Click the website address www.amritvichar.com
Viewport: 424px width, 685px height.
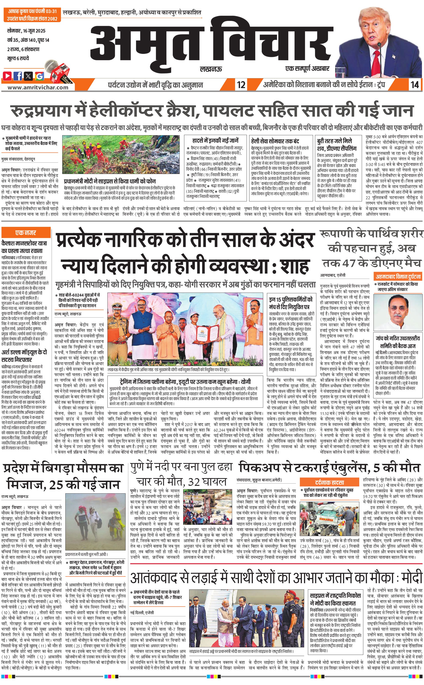pyautogui.click(x=38, y=87)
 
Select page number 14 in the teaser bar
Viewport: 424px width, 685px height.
pyautogui.click(x=414, y=85)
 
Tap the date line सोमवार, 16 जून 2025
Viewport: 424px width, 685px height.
pyautogui.click(x=26, y=31)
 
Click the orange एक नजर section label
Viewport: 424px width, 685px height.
pyautogui.click(x=25, y=233)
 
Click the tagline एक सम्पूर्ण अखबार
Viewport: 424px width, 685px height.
pyautogui.click(x=307, y=68)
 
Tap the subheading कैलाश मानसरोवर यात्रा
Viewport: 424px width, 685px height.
pyautogui.click(x=24, y=243)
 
